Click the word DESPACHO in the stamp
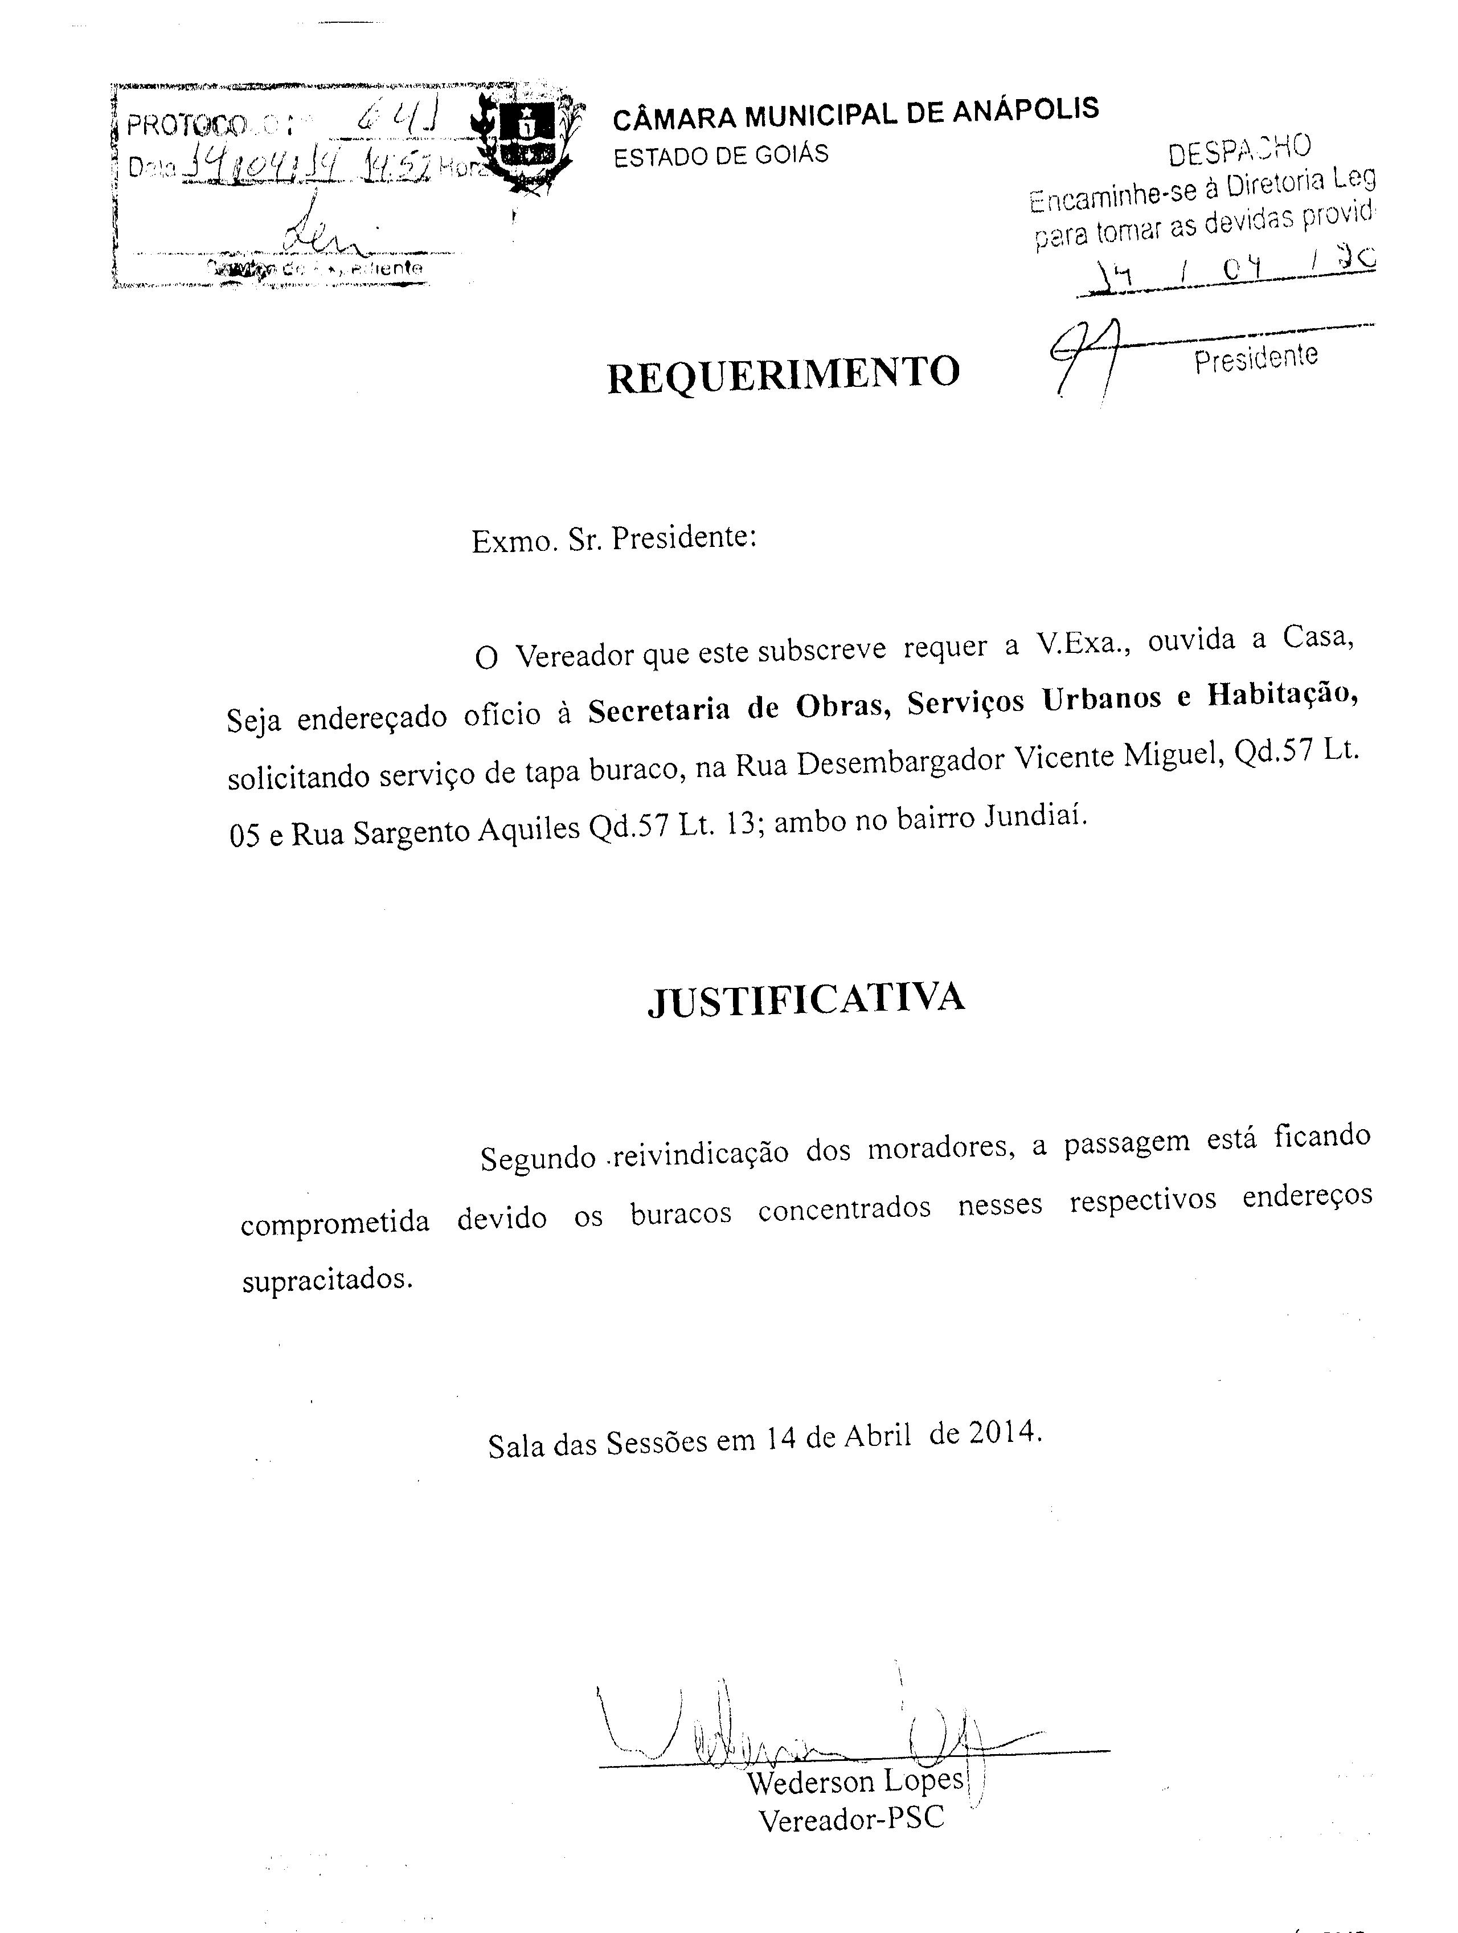(x=1239, y=150)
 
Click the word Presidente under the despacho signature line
(x=1255, y=358)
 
